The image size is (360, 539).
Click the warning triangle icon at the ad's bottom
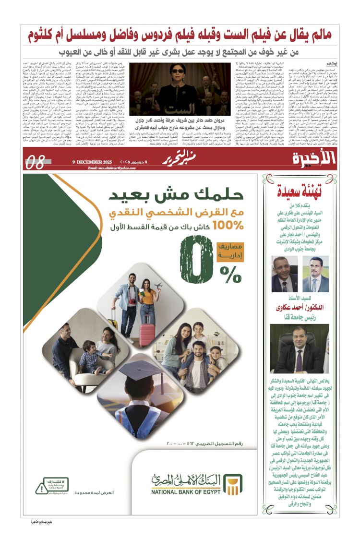pos(42,488)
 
